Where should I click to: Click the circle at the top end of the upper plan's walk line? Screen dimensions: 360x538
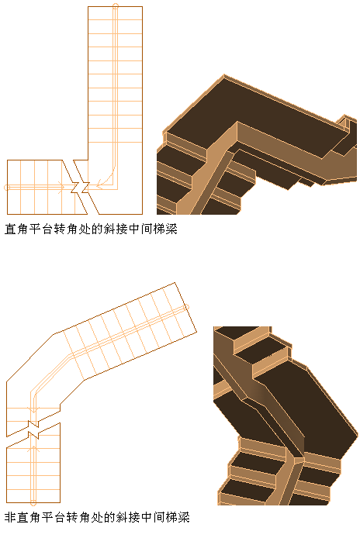(x=116, y=6)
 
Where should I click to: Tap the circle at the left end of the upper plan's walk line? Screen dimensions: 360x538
(x=6, y=188)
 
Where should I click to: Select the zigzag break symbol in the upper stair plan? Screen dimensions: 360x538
(x=80, y=188)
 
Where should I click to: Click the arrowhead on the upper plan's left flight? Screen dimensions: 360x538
(x=61, y=188)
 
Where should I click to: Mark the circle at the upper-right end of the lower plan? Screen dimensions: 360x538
(x=187, y=308)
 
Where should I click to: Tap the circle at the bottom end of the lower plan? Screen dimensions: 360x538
(x=33, y=503)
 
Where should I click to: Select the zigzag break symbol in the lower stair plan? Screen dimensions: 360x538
(x=33, y=429)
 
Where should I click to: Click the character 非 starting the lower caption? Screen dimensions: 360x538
(x=11, y=517)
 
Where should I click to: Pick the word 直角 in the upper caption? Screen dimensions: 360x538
(x=16, y=229)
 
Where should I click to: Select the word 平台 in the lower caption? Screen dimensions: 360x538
(x=54, y=517)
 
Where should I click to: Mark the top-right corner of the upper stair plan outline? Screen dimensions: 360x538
(x=142, y=6)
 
